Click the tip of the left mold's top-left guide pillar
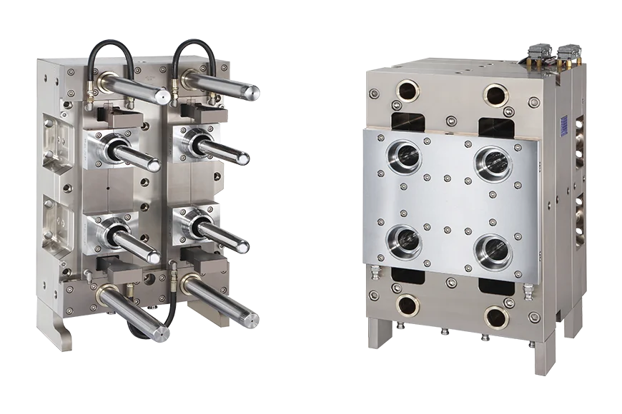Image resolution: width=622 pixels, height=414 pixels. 165,95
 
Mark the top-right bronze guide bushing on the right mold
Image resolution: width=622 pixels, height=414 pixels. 495,94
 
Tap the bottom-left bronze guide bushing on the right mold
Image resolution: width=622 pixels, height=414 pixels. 408,305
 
